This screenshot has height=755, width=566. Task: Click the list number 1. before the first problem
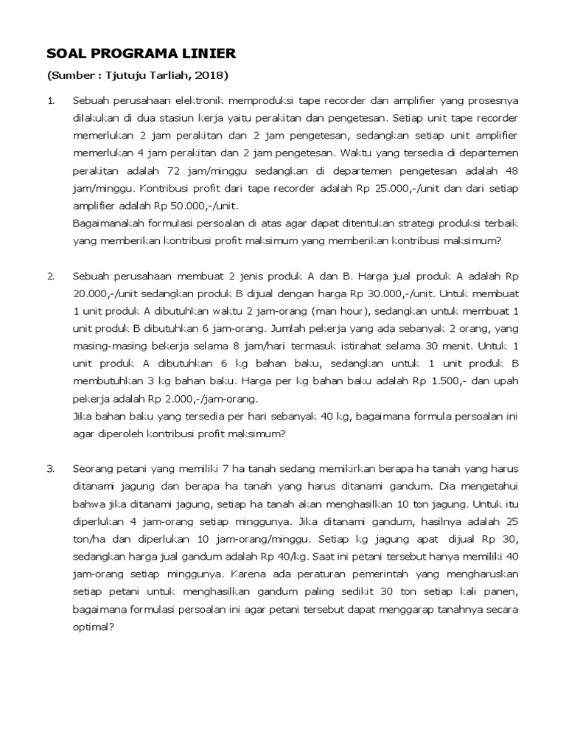(x=50, y=100)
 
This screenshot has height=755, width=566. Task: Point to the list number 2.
(x=50, y=276)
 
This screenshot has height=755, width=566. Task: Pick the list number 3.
(x=50, y=468)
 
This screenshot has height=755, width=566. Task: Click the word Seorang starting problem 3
(x=94, y=468)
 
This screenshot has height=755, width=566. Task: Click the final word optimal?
(x=94, y=627)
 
